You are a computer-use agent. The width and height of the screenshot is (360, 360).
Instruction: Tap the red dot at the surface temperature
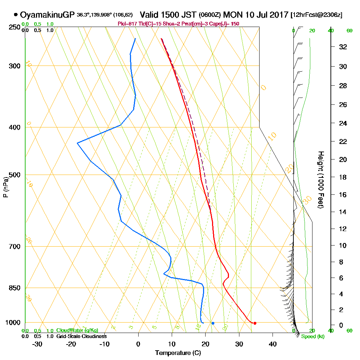coord(255,323)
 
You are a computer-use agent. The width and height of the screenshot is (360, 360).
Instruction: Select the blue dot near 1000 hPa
coord(213,323)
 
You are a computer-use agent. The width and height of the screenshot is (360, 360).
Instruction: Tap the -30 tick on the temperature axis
coord(37,344)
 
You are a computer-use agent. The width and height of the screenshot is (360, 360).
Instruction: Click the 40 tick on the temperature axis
coord(273,344)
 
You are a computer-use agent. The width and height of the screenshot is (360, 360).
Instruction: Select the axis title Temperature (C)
coord(178,353)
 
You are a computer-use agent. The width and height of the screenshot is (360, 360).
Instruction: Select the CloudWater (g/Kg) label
coord(77,330)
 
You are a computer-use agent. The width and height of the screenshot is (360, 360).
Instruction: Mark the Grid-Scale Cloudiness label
coord(81,336)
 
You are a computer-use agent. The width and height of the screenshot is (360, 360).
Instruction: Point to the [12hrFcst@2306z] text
coord(316,15)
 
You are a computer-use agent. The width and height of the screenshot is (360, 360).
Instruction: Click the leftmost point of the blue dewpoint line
coord(77,143)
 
